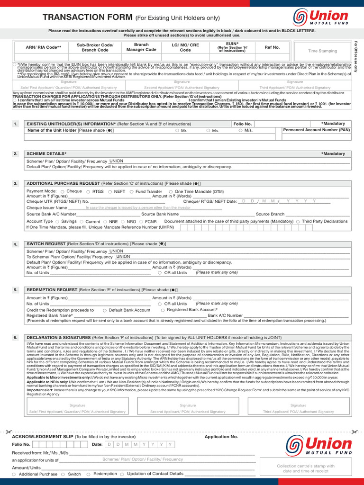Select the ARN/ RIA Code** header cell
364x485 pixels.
coord(44,47)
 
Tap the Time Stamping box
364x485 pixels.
coord(322,50)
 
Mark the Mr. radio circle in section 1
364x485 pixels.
coord(177,130)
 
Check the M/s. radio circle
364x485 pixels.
coord(240,130)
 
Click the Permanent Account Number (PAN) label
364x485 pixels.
coord(317,129)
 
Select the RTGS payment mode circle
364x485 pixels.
coord(89,191)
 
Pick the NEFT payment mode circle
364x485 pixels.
coord(110,191)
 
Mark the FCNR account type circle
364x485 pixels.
coord(141,222)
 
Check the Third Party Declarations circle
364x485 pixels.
coord(298,222)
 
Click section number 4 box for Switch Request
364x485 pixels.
coord(16,244)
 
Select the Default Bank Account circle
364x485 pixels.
coord(105,310)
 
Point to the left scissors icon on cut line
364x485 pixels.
coord(8,432)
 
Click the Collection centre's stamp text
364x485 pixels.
coord(305,468)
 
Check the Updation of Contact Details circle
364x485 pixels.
coord(122,474)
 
